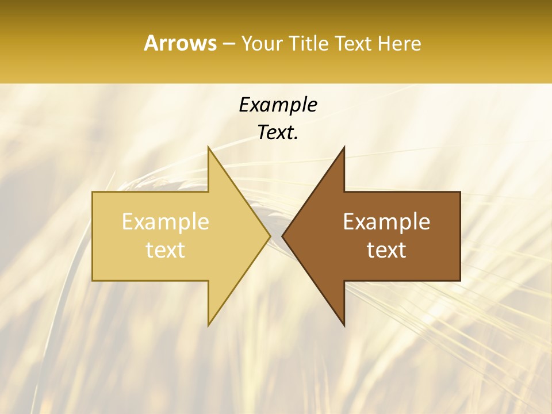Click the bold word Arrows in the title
180,43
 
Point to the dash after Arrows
228,44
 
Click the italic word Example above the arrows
278,105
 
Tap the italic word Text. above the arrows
278,133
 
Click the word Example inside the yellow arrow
166,222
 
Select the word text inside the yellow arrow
166,250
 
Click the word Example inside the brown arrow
386,222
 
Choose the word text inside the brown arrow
386,250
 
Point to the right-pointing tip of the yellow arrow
270,236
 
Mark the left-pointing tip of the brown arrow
282,236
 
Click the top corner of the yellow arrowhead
209,147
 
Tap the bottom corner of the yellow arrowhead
209,325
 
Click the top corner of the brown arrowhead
344,147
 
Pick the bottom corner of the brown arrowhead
344,325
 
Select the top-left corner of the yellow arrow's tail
93,192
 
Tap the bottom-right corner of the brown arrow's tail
459,280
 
